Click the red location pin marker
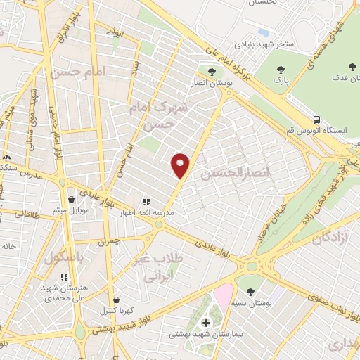coord(181,165)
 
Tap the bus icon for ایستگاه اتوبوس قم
coord(318,120)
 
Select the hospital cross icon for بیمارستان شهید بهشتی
coord(206,323)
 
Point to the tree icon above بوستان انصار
coord(210,72)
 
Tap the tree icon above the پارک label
coord(281,70)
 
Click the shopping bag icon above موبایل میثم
coord(71,200)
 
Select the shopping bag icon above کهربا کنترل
coord(115,300)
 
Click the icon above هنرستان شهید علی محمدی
coord(64,278)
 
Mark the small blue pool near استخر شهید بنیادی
coord(264,32)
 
